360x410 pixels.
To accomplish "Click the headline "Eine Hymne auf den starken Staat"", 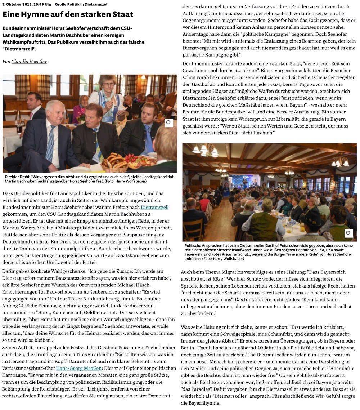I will tap(68, 14).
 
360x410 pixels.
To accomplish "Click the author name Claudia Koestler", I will tap(29, 62).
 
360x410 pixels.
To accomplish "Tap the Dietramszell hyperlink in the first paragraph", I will tap(154, 207).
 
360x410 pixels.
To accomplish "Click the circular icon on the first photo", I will tap(168, 123).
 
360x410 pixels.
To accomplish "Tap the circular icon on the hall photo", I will tap(348, 233).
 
